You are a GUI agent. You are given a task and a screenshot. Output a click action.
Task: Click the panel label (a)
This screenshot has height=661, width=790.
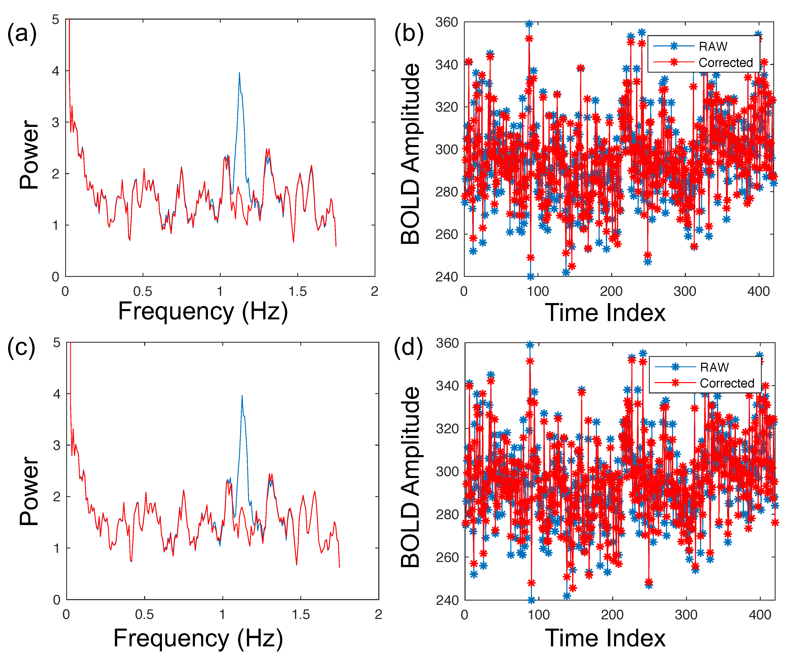click(22, 34)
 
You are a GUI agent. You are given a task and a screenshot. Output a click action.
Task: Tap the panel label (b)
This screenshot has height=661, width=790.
click(409, 34)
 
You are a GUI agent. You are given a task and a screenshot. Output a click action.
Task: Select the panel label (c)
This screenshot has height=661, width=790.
click(21, 347)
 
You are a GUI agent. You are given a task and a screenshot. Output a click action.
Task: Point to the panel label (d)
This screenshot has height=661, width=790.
click(408, 347)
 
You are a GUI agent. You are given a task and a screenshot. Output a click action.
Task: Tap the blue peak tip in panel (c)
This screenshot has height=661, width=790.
click(242, 395)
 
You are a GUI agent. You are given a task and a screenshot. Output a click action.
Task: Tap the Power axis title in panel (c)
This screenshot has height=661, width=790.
click(29, 491)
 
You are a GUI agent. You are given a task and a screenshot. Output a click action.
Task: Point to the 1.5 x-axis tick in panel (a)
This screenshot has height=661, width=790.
click(298, 292)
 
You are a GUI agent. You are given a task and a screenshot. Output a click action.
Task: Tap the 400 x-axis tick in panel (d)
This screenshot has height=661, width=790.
click(760, 614)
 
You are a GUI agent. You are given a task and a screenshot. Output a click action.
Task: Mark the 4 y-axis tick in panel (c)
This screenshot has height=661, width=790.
click(57, 394)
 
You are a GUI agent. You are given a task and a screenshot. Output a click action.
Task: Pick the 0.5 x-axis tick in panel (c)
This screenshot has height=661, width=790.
click(144, 614)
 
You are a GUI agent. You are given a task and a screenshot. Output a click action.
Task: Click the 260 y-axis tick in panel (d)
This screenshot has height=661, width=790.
click(447, 557)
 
